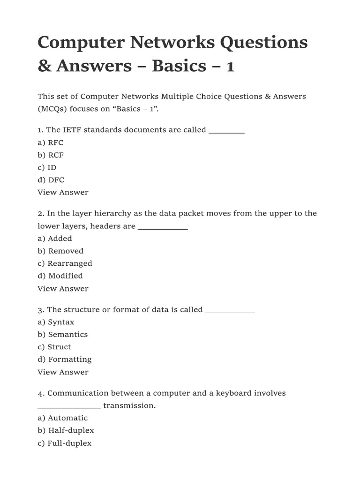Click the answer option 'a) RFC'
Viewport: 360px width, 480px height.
[51, 142]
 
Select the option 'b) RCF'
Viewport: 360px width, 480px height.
[51, 155]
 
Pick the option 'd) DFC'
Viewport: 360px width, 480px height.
[51, 180]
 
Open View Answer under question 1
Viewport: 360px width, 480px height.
[63, 192]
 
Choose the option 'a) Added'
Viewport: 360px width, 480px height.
[55, 239]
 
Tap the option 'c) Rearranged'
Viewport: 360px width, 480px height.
[65, 263]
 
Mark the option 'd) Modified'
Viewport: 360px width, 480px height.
[60, 276]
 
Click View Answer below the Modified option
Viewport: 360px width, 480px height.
[63, 289]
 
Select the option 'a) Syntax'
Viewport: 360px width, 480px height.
[56, 322]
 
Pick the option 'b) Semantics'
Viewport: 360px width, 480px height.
[62, 335]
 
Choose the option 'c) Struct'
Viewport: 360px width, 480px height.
[54, 347]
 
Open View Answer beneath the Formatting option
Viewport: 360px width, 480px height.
[63, 372]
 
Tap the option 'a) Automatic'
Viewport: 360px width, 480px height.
[62, 418]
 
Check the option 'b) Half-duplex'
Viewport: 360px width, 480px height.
[66, 430]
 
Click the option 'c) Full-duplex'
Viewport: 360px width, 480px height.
[65, 443]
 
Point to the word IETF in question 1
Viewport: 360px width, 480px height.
[73, 130]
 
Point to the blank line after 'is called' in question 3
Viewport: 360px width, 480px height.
[230, 311]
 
